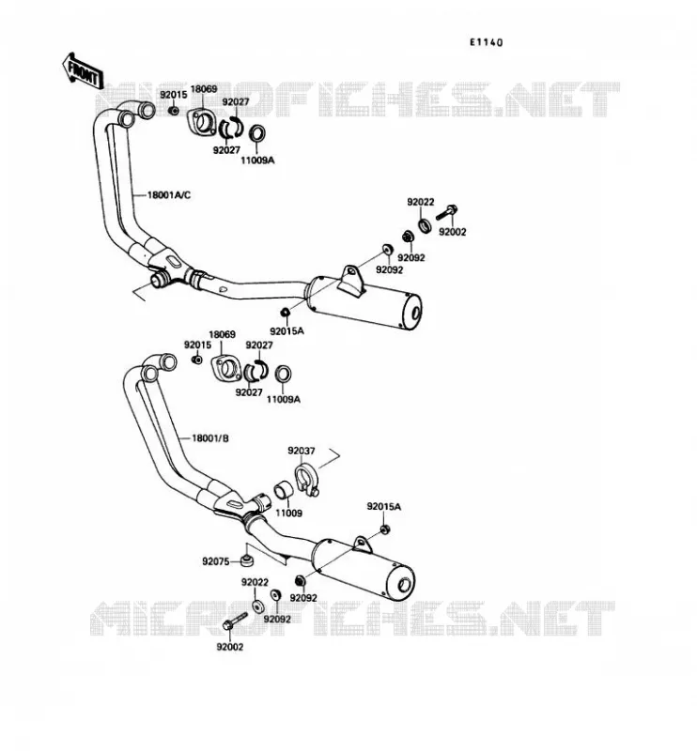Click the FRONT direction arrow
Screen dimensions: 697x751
point(82,71)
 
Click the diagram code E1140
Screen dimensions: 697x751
point(486,42)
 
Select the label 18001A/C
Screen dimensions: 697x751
point(169,195)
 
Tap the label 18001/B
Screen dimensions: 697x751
point(210,437)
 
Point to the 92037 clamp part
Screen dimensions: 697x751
point(305,479)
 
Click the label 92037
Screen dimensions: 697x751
point(301,451)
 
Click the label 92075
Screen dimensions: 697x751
point(216,561)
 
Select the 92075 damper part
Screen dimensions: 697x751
point(247,559)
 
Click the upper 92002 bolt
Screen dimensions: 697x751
point(446,213)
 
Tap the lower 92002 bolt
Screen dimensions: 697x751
point(235,621)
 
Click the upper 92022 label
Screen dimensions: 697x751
point(421,202)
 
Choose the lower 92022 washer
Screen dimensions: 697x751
point(257,605)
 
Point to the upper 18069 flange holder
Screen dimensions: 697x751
point(201,122)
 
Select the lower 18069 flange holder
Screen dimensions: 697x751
point(225,368)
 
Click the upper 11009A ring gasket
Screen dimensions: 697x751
point(257,133)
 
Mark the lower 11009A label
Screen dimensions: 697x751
point(284,399)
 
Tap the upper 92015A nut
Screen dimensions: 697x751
point(285,313)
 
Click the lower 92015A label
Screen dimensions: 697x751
point(384,506)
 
